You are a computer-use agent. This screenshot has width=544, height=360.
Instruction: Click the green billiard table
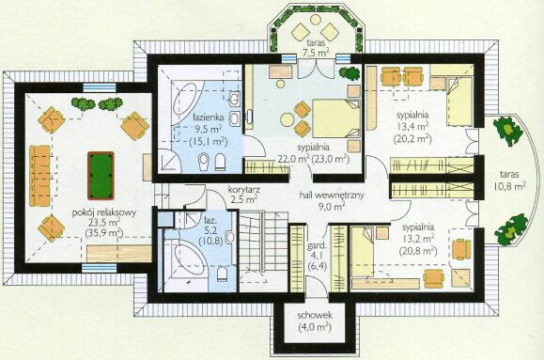tap(101, 176)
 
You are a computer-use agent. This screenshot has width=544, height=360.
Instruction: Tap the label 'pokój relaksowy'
tap(103, 212)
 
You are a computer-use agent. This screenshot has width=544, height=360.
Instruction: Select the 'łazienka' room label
tap(209, 117)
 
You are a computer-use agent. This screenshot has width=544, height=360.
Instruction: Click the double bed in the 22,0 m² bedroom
tap(335, 118)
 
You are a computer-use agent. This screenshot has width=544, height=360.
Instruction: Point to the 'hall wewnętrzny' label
tap(332, 196)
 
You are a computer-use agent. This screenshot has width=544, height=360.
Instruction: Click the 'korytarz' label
tap(244, 190)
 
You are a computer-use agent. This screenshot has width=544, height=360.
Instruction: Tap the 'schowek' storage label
tap(315, 316)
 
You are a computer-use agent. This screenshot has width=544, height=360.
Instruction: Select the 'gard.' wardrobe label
tap(318, 246)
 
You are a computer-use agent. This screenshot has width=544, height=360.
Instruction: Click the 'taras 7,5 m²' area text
tap(315, 48)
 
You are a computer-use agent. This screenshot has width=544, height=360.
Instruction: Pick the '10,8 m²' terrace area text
tap(509, 186)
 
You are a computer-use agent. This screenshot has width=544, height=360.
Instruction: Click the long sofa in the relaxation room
tap(39, 176)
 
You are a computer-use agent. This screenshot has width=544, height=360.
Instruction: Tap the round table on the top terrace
tap(316, 20)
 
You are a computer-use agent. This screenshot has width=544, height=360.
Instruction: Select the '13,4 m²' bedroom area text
tap(412, 126)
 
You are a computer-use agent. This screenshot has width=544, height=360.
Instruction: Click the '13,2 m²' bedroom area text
tap(418, 239)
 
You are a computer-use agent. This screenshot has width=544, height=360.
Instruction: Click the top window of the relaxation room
tap(100, 86)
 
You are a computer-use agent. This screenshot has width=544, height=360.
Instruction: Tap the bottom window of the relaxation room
tap(100, 268)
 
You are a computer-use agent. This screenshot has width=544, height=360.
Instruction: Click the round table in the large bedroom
tap(288, 120)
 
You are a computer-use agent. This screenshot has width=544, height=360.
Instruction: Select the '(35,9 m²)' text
tap(103, 232)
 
